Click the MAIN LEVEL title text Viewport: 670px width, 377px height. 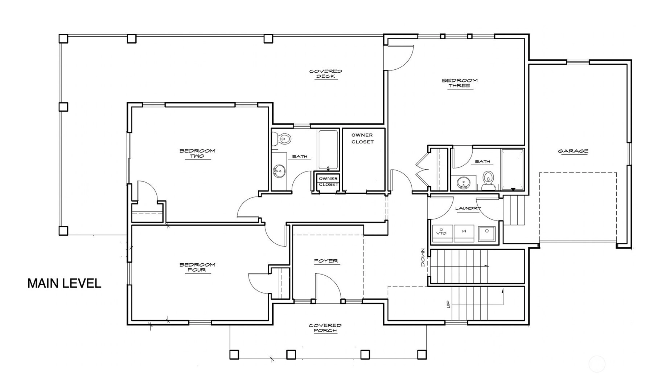64,283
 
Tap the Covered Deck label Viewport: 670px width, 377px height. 326,74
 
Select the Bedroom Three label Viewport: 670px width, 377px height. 460,83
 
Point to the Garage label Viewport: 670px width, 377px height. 573,151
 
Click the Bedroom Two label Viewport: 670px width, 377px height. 197,153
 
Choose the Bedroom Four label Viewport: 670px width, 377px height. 197,267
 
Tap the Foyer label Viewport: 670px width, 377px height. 326,261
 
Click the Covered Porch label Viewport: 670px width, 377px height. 325,328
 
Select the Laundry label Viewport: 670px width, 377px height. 468,208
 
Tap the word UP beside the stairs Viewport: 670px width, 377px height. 448,304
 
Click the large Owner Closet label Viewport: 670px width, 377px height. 362,138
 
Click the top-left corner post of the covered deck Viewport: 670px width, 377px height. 63,38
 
